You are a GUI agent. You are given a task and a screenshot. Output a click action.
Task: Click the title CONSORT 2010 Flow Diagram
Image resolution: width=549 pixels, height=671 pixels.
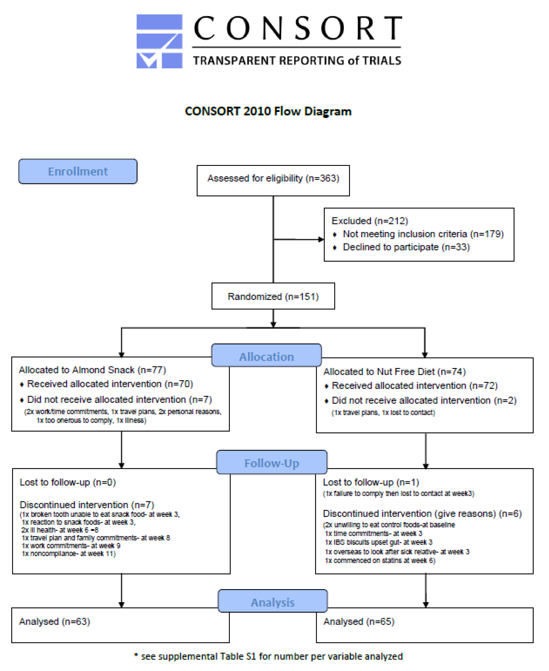tap(268, 111)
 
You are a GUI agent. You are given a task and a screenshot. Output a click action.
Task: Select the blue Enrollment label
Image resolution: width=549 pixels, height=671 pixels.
tap(78, 171)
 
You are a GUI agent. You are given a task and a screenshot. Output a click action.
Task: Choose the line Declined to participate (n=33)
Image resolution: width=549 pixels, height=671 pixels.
tap(406, 247)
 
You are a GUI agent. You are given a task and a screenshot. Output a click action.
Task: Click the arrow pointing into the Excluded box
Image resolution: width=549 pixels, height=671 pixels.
tap(320, 239)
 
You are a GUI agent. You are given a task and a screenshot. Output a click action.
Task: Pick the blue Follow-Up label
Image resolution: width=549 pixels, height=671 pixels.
tap(272, 463)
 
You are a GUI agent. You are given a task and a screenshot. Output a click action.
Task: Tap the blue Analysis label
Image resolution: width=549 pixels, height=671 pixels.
tap(273, 602)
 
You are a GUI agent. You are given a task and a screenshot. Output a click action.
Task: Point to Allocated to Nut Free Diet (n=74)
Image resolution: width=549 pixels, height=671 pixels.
tap(394, 372)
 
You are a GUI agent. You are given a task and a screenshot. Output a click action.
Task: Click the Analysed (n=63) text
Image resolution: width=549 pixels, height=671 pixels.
tap(54, 621)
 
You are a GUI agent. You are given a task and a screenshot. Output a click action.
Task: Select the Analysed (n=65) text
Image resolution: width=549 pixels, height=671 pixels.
tap(359, 621)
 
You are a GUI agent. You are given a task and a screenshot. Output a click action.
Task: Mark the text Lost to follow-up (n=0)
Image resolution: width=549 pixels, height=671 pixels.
tap(68, 482)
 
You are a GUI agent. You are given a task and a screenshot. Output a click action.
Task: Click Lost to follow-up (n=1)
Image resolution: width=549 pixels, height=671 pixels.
tap(371, 482)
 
